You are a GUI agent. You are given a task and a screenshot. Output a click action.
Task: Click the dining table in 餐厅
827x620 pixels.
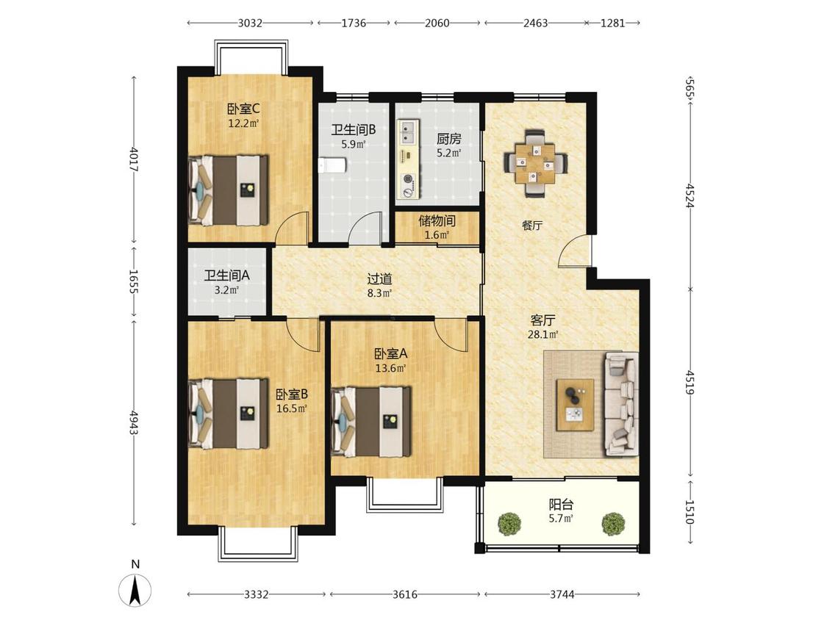pos(536,163)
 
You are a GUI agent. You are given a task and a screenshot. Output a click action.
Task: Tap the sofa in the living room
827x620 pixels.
pos(622,404)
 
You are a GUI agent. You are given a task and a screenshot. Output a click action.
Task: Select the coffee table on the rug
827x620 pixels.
pos(576,404)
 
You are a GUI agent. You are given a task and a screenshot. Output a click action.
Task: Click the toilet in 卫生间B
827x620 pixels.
pos(332,166)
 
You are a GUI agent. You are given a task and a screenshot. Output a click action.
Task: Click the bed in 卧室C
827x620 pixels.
pos(228,190)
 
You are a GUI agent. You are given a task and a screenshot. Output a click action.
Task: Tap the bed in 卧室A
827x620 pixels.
pos(370,421)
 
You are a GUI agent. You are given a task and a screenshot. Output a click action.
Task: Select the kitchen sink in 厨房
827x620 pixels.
pos(408,131)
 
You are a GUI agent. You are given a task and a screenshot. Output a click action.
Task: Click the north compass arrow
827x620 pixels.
pos(135,589)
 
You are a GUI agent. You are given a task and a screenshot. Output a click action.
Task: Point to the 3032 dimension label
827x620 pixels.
pos(250,24)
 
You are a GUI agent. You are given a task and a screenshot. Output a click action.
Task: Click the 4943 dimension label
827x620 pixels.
pos(134,422)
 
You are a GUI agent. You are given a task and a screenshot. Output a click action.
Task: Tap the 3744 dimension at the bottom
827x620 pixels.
pos(562,595)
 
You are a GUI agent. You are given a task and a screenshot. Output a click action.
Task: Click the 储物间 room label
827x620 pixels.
pos(437,220)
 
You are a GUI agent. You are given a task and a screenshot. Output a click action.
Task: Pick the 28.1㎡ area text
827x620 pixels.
pos(543,334)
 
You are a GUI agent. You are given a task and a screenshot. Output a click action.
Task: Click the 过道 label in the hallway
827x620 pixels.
pos(380,278)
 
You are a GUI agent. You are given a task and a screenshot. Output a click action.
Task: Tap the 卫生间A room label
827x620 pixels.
pos(227,275)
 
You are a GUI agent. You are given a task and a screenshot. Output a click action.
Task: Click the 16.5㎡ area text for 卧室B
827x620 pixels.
pos(292,408)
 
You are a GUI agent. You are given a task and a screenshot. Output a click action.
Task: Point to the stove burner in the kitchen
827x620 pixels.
pos(408,179)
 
